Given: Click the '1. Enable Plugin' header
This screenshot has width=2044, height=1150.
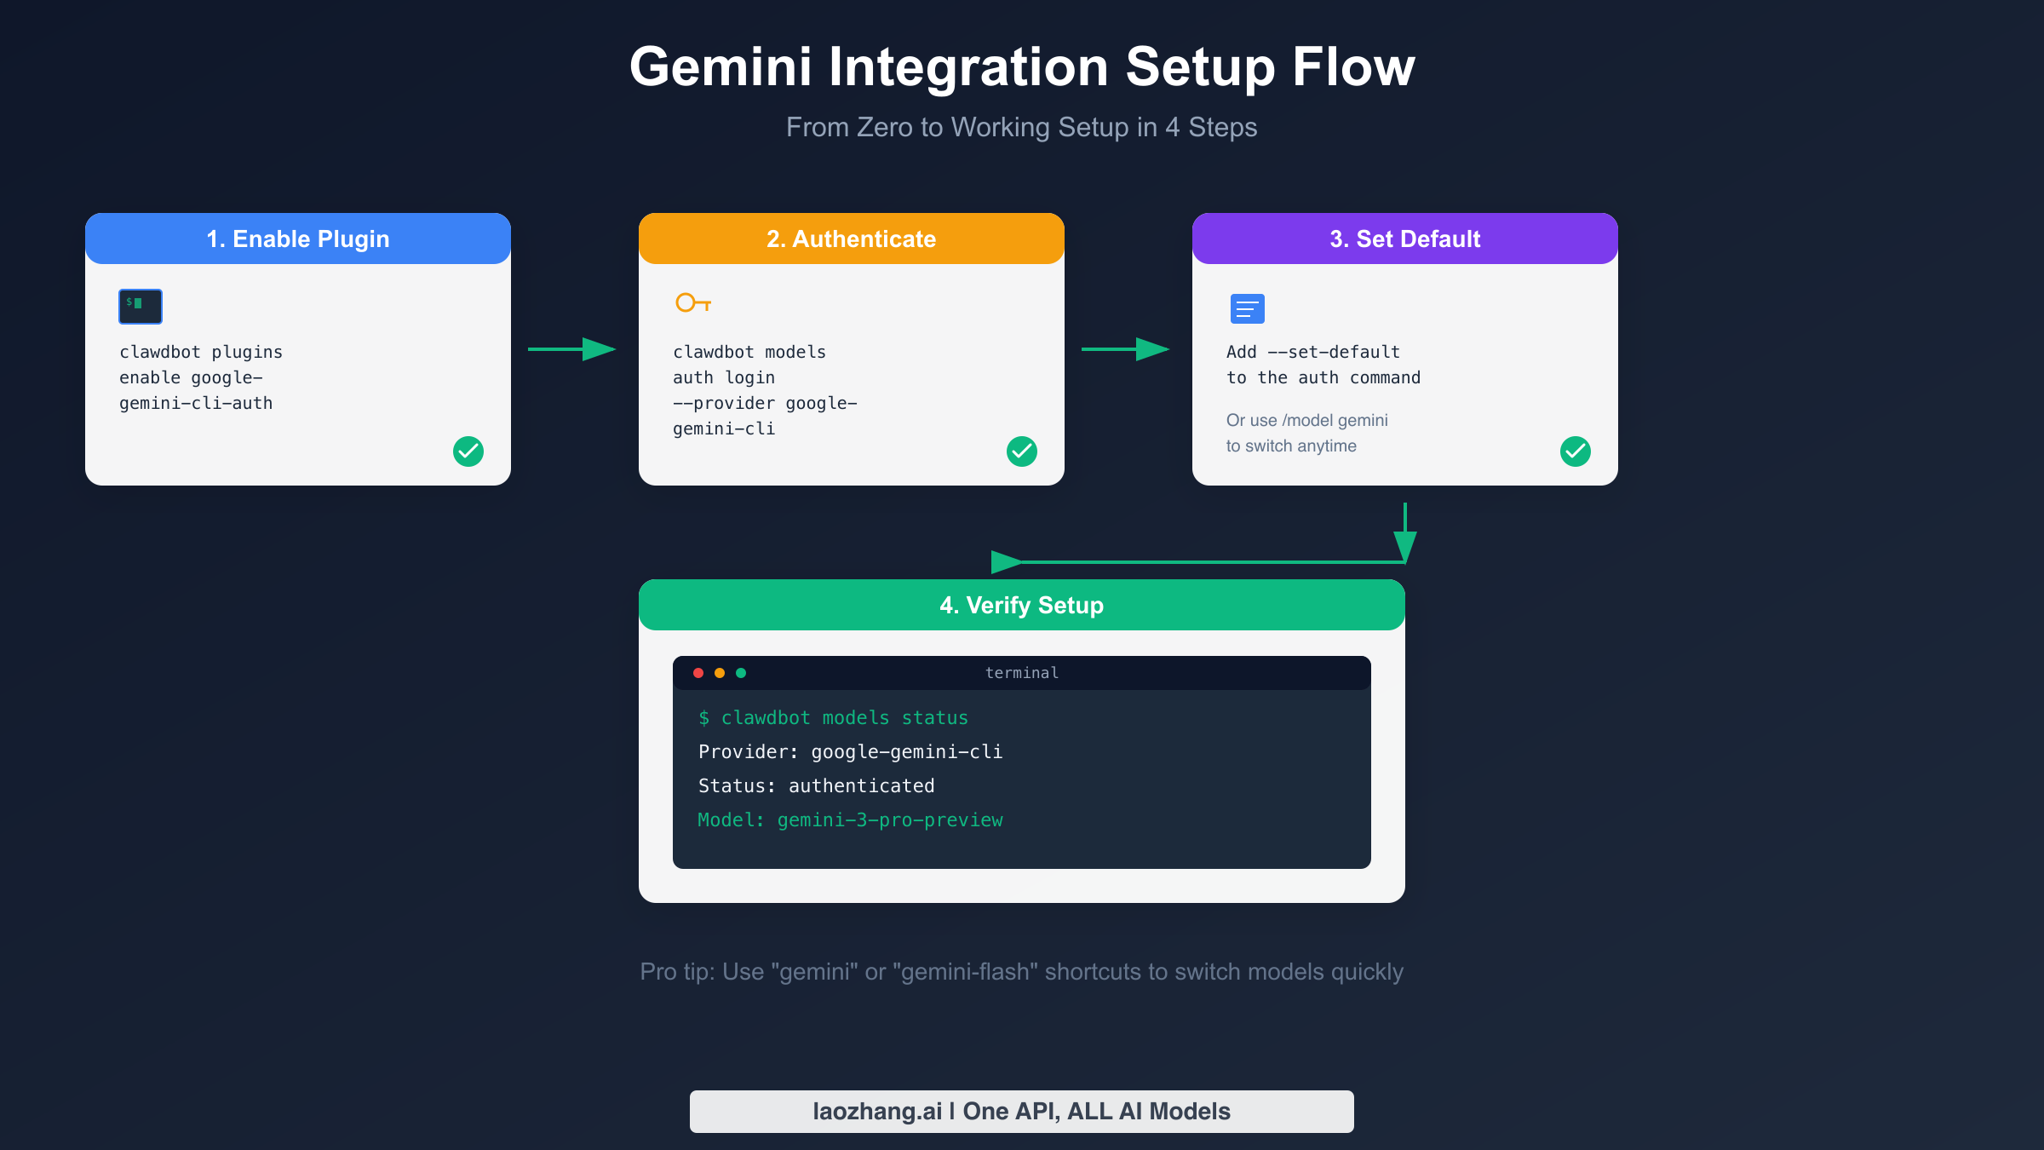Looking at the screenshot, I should point(298,239).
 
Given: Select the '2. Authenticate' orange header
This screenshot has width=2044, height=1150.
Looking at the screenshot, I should point(852,239).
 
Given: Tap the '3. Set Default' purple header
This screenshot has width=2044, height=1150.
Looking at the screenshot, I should point(1405,239).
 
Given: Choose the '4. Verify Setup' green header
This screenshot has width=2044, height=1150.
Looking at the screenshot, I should point(1022,605).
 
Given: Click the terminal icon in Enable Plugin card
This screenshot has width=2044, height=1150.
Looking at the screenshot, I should point(141,307).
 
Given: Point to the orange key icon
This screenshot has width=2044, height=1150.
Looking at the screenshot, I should point(692,303).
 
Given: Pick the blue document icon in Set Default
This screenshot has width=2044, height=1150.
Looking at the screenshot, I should point(1248,308).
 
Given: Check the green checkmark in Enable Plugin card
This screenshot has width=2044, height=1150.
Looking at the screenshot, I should point(468,451).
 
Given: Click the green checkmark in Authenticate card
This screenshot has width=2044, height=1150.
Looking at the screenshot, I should point(1022,451).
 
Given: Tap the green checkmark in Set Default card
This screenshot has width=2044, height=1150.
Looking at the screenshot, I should point(1576,451).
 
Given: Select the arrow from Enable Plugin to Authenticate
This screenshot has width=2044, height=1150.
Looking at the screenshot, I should point(571,349).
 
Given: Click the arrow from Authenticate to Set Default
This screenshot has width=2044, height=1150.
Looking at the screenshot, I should point(1125,349).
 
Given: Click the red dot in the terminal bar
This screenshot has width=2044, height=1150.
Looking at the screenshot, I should point(698,673).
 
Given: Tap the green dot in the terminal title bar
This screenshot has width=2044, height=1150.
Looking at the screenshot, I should point(741,673).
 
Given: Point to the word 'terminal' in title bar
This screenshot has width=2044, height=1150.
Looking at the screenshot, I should point(1022,673).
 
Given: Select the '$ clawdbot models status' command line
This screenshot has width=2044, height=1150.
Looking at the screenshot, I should point(833,718).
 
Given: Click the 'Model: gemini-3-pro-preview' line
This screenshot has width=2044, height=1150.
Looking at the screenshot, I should point(850,820).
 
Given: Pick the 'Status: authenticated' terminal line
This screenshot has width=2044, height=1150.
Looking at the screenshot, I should point(816,786).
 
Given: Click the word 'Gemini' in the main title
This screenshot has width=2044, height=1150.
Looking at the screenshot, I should point(721,66).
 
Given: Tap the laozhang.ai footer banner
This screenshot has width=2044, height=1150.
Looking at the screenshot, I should point(1022,1112).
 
